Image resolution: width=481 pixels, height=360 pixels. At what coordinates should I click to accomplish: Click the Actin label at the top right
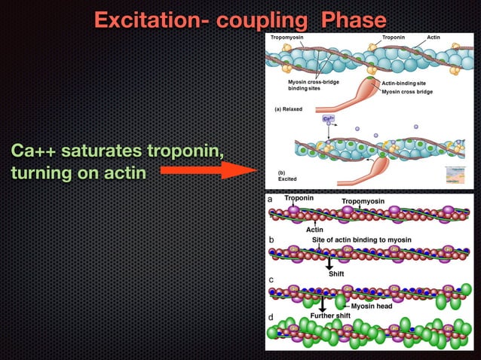coord(434,36)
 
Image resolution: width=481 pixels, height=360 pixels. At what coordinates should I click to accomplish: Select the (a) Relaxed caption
coord(288,109)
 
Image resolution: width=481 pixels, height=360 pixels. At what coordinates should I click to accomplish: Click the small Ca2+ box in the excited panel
coord(329,119)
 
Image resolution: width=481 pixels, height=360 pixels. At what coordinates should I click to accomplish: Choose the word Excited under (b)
coord(287,180)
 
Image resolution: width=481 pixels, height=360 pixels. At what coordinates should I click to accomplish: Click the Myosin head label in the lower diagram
coord(371,306)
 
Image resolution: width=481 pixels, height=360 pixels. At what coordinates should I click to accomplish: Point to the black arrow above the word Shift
coord(329,263)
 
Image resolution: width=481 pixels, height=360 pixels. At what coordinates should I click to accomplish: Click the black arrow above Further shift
coord(322,303)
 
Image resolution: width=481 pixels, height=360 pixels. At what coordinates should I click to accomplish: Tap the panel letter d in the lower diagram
coord(271,317)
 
